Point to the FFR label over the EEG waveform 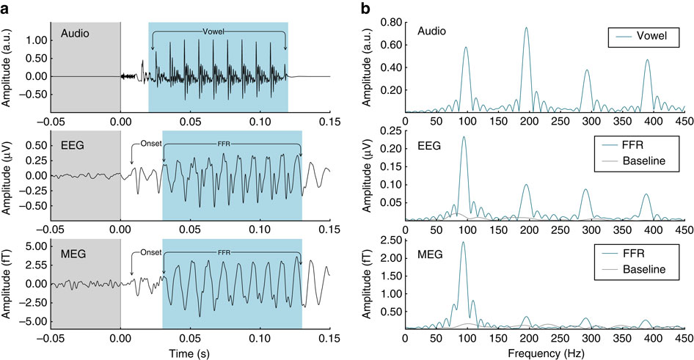[x=232, y=144]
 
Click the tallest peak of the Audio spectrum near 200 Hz [x=526, y=28]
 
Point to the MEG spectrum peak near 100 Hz [x=463, y=242]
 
